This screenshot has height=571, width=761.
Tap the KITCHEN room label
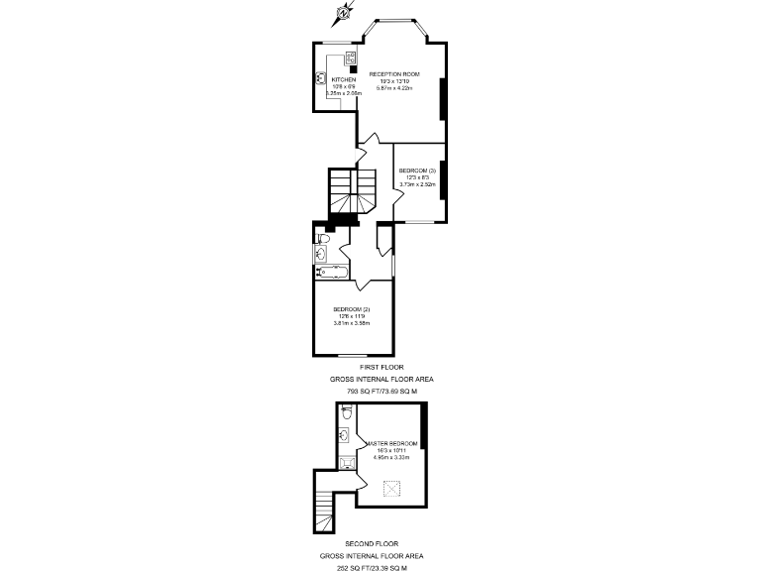343,79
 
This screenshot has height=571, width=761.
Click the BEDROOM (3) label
417,171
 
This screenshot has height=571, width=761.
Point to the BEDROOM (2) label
351,309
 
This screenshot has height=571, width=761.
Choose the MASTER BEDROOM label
391,443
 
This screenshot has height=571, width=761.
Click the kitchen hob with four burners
352,57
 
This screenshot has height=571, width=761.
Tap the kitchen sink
322,77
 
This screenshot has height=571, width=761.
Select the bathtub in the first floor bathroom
328,271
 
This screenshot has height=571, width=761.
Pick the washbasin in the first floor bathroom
320,255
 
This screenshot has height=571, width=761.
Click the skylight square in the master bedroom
391,487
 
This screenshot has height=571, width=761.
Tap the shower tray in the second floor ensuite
346,463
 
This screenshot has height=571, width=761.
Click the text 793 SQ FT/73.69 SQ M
381,392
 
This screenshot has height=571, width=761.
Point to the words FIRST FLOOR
381,367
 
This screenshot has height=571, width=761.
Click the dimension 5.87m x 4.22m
393,88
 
